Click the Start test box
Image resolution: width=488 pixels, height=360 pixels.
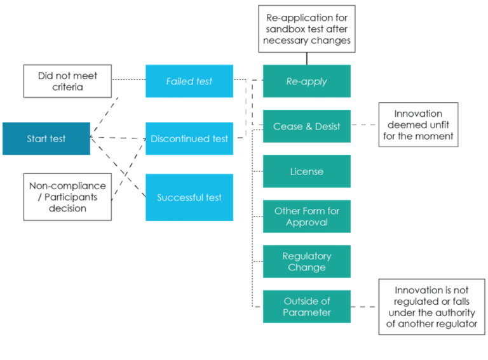tap(46, 139)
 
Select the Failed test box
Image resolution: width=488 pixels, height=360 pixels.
tap(189, 81)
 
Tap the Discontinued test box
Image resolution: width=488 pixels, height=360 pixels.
tap(189, 139)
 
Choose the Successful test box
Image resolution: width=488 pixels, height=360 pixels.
tap(189, 197)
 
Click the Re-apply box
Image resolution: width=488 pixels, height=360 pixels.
tap(306, 81)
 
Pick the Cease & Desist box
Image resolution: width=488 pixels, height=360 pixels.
tap(306, 126)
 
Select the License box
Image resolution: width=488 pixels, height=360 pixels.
tap(306, 171)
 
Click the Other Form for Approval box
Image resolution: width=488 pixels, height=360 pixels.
tap(306, 217)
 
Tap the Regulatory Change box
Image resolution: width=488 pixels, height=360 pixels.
tap(306, 262)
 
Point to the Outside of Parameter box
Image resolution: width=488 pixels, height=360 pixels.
tap(306, 307)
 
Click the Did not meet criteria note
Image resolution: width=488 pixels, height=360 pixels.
tap(67, 81)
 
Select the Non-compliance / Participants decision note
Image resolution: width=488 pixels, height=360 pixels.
tap(67, 197)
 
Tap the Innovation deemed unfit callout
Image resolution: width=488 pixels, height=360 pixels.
tap(418, 125)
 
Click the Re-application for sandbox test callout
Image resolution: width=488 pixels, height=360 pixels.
tap(306, 29)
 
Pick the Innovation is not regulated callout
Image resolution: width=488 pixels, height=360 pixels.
tap(431, 307)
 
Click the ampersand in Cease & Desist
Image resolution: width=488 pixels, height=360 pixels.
tap(306, 126)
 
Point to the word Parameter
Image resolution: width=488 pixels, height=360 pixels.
tap(307, 312)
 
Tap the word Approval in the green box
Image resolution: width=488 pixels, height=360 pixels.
tap(307, 223)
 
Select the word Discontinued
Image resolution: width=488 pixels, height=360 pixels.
tap(180, 139)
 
